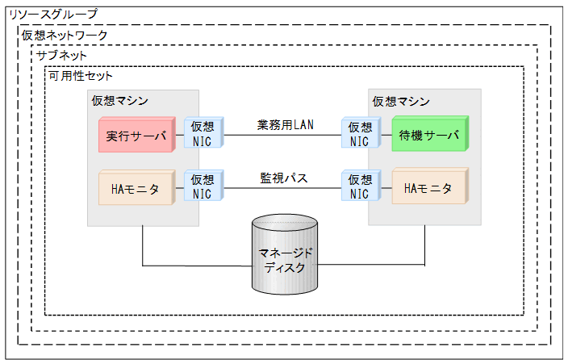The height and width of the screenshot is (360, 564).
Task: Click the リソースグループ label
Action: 52,14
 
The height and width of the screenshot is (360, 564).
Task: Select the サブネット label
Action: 61,56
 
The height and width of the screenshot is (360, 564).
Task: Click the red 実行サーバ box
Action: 136,136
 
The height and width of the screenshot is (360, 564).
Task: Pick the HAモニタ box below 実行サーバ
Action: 136,187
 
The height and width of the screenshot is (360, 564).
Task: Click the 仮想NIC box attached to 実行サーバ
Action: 203,134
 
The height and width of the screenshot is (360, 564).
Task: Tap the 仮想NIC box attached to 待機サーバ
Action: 358,134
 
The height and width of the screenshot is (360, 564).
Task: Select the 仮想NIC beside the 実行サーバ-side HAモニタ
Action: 203,186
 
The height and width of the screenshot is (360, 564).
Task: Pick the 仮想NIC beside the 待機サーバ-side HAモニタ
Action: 358,186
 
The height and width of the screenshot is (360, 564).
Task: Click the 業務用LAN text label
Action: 286,123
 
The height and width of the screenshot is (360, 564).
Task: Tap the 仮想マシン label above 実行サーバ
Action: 119,101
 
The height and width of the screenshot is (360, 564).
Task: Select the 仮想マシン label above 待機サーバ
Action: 400,101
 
